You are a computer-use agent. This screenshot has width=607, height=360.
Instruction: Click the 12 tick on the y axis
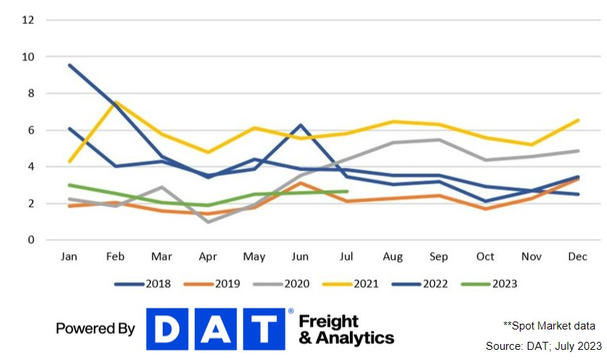click(x=29, y=20)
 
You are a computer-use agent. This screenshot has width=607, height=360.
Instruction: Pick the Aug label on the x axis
click(x=393, y=257)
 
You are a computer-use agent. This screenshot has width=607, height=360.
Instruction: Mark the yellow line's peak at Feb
click(x=116, y=102)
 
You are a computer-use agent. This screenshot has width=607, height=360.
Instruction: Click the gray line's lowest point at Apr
click(x=209, y=221)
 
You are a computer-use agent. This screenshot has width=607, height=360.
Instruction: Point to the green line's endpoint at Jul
click(x=347, y=192)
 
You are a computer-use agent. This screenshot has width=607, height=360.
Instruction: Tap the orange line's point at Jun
click(x=301, y=183)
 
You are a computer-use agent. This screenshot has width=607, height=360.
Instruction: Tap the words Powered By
click(x=95, y=329)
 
